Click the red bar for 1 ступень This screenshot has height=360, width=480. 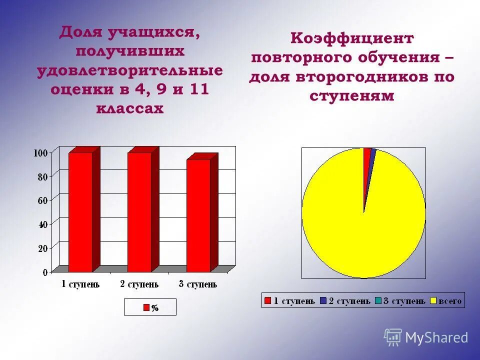80,212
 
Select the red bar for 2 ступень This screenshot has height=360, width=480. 139,212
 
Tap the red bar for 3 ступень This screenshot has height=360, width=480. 198,215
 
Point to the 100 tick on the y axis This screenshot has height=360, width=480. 41,152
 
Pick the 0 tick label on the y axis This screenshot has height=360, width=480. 45,272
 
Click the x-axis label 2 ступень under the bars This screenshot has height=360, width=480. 139,284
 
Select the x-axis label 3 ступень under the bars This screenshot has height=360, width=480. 198,284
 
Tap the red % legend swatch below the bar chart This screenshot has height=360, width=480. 146,307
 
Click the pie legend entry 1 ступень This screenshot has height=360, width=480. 290,300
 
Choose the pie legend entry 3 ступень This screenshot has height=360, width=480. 400,300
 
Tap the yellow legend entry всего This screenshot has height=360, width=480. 446,300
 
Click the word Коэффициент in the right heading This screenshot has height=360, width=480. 352,38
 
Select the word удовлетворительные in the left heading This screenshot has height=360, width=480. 130,70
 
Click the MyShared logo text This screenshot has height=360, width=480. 436,337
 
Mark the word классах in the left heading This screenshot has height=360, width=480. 130,108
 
